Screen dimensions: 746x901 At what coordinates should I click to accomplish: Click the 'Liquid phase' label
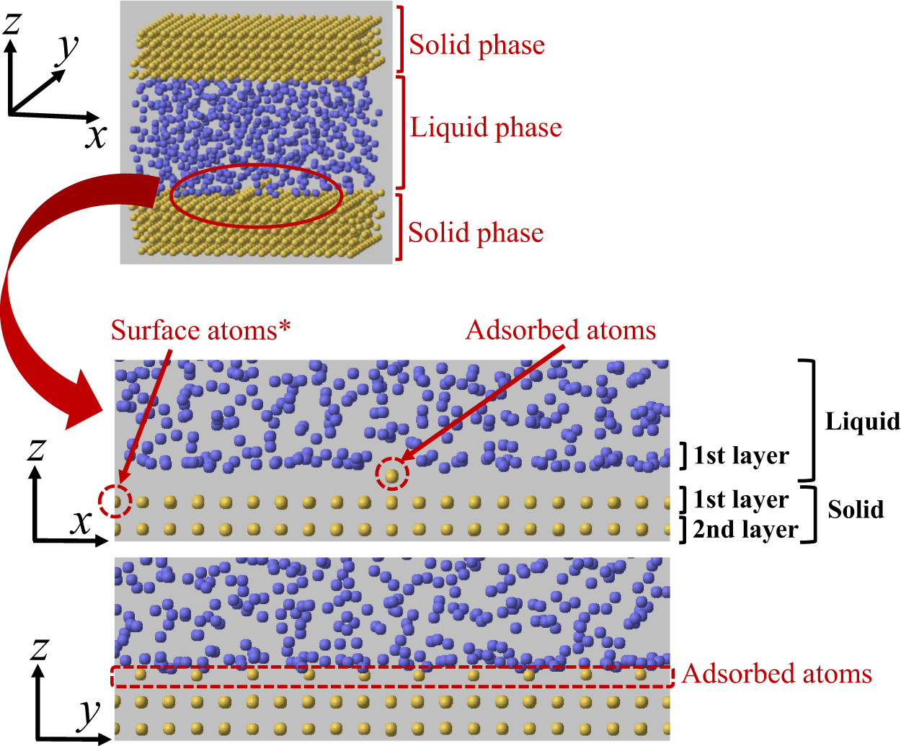pyautogui.click(x=486, y=128)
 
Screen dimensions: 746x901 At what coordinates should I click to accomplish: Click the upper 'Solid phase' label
pyautogui.click(x=476, y=45)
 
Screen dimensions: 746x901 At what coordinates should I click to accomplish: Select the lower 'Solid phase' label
pyautogui.click(x=476, y=233)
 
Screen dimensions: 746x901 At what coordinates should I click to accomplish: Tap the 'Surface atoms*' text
pyautogui.click(x=200, y=330)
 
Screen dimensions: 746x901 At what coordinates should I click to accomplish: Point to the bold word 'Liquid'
pyautogui.click(x=862, y=421)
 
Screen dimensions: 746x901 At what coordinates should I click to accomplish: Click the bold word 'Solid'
pyautogui.click(x=856, y=510)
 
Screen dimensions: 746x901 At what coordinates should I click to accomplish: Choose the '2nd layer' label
pyautogui.click(x=745, y=530)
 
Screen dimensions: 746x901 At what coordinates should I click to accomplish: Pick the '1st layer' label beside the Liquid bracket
pyautogui.click(x=741, y=456)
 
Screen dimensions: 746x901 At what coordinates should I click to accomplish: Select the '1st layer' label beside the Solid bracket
pyautogui.click(x=741, y=499)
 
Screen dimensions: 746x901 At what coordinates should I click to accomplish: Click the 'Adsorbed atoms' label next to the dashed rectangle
pyautogui.click(x=776, y=674)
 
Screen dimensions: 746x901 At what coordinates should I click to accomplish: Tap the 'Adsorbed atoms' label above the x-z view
pyautogui.click(x=561, y=330)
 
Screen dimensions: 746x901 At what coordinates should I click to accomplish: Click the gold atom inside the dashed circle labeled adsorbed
pyautogui.click(x=391, y=475)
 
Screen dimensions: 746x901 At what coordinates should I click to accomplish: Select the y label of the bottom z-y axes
pyautogui.click(x=89, y=714)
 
